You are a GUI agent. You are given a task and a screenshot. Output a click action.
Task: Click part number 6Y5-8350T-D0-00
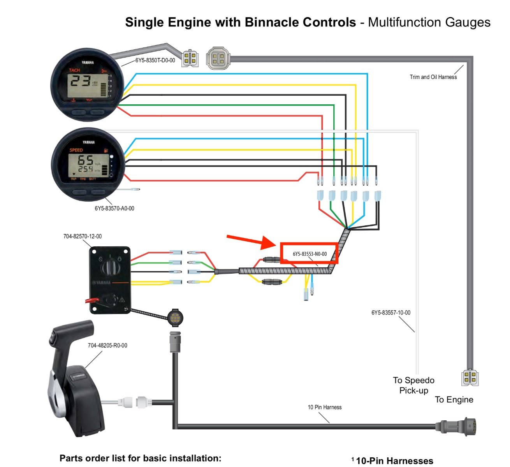(x=155, y=60)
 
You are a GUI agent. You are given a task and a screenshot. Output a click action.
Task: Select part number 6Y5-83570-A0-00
(x=114, y=208)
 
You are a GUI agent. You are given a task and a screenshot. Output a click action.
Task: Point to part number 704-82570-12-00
(x=83, y=236)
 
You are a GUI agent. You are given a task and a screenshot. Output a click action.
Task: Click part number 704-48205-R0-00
(x=107, y=345)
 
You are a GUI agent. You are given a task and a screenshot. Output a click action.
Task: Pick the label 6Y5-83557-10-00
(x=391, y=313)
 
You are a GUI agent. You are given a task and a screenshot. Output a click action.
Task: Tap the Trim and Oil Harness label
(x=433, y=77)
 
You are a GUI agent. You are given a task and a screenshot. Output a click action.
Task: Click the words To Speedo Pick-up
(x=413, y=385)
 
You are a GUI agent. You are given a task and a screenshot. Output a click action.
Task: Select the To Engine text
(x=454, y=400)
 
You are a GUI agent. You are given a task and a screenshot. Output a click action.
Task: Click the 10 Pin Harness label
(x=324, y=407)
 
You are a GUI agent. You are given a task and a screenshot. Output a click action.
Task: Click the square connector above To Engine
(x=470, y=377)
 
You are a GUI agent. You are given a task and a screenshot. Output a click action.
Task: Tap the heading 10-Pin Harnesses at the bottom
(x=394, y=461)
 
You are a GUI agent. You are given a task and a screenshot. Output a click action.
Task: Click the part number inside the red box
(x=310, y=254)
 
